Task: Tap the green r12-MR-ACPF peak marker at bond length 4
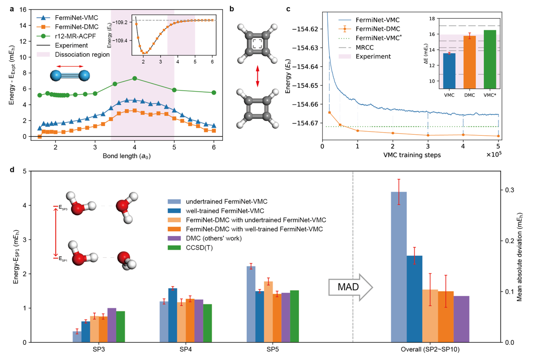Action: click(x=134, y=78)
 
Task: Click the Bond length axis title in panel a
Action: click(x=126, y=156)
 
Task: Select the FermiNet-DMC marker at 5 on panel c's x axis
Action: click(x=499, y=136)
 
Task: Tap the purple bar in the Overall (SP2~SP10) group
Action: click(x=462, y=319)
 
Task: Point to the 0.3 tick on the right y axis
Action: click(x=511, y=190)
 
